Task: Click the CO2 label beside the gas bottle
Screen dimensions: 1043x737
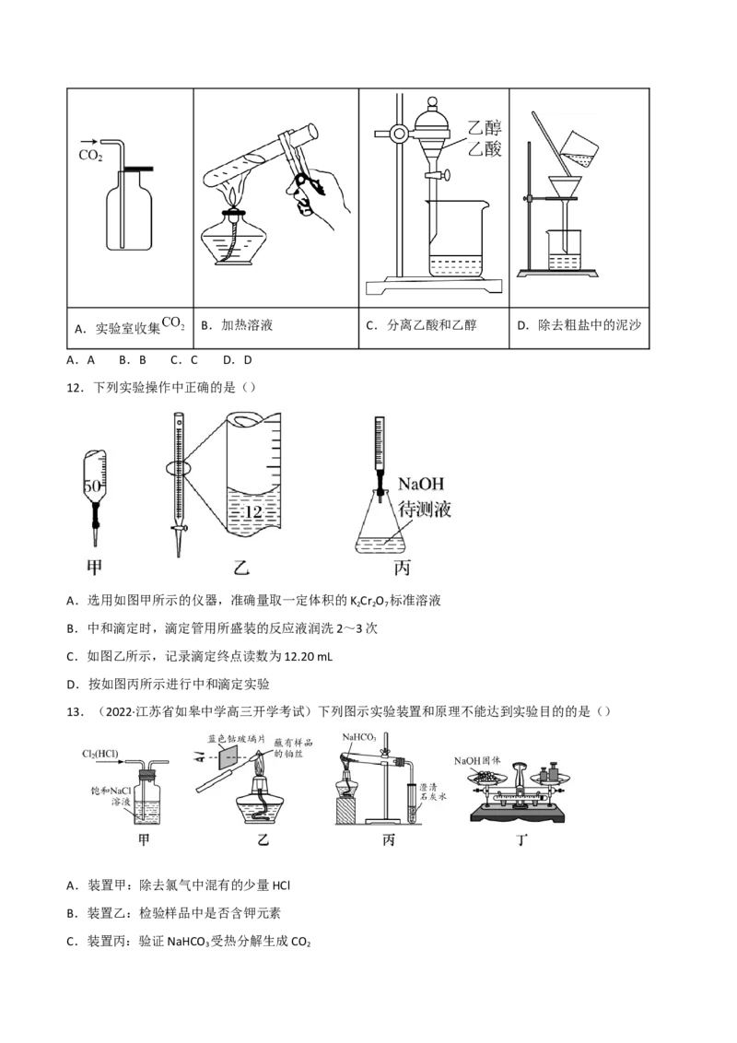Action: coord(91,157)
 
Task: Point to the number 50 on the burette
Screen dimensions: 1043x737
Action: coord(92,486)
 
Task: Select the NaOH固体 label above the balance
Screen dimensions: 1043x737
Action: coord(477,761)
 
